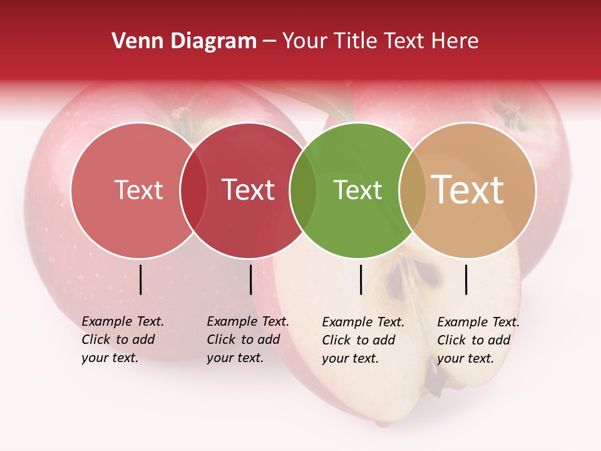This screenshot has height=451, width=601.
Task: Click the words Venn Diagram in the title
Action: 184,41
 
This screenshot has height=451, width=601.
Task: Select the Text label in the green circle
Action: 357,190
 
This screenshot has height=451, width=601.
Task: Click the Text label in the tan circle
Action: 468,189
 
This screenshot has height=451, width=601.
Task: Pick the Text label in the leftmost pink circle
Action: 138,190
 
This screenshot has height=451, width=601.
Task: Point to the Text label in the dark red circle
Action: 248,190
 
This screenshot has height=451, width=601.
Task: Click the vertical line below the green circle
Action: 361,279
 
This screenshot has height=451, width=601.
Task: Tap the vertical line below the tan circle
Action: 466,279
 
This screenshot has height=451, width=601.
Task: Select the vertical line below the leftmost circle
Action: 141,279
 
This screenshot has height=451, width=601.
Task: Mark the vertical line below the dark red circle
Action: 250,279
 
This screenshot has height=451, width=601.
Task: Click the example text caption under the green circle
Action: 363,340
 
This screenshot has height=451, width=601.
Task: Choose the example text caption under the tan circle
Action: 478,340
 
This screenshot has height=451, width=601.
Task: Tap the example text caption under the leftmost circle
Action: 123,340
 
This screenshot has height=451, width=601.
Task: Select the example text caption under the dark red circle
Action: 248,340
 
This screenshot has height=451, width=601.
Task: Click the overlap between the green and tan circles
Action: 411,190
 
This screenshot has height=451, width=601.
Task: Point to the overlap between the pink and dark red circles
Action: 193,190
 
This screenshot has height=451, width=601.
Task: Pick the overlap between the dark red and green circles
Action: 303,190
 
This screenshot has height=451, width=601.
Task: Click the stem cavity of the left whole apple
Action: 182,113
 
